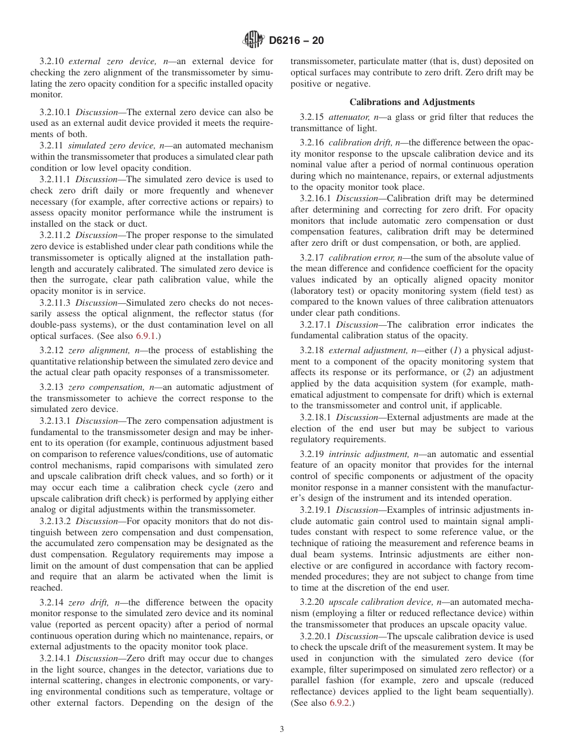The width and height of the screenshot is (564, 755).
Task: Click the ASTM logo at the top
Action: [x=254, y=40]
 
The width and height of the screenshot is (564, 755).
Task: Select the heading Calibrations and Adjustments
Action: [x=412, y=102]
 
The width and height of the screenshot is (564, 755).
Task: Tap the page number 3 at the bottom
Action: [x=282, y=729]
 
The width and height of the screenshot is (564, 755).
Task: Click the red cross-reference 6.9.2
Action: [x=341, y=703]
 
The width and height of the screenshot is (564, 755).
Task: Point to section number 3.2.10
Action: [x=52, y=61]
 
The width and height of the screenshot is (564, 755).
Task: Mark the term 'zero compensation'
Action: [x=104, y=388]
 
